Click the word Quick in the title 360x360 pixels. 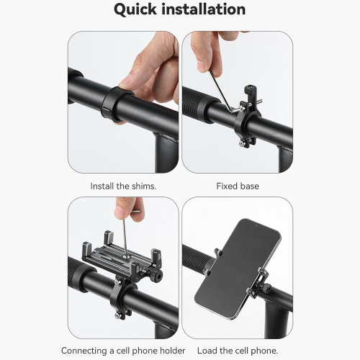pyautogui.click(x=135, y=10)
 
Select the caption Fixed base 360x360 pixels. pyautogui.click(x=238, y=186)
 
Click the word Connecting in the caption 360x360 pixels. pyautogui.click(x=84, y=351)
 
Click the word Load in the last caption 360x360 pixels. pyautogui.click(x=207, y=351)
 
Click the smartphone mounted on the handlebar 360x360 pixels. pyautogui.click(x=237, y=269)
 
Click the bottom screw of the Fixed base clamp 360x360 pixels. pyautogui.click(x=241, y=143)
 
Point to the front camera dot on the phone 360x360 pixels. pyautogui.click(x=256, y=226)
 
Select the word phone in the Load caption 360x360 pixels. pyautogui.click(x=266, y=351)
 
